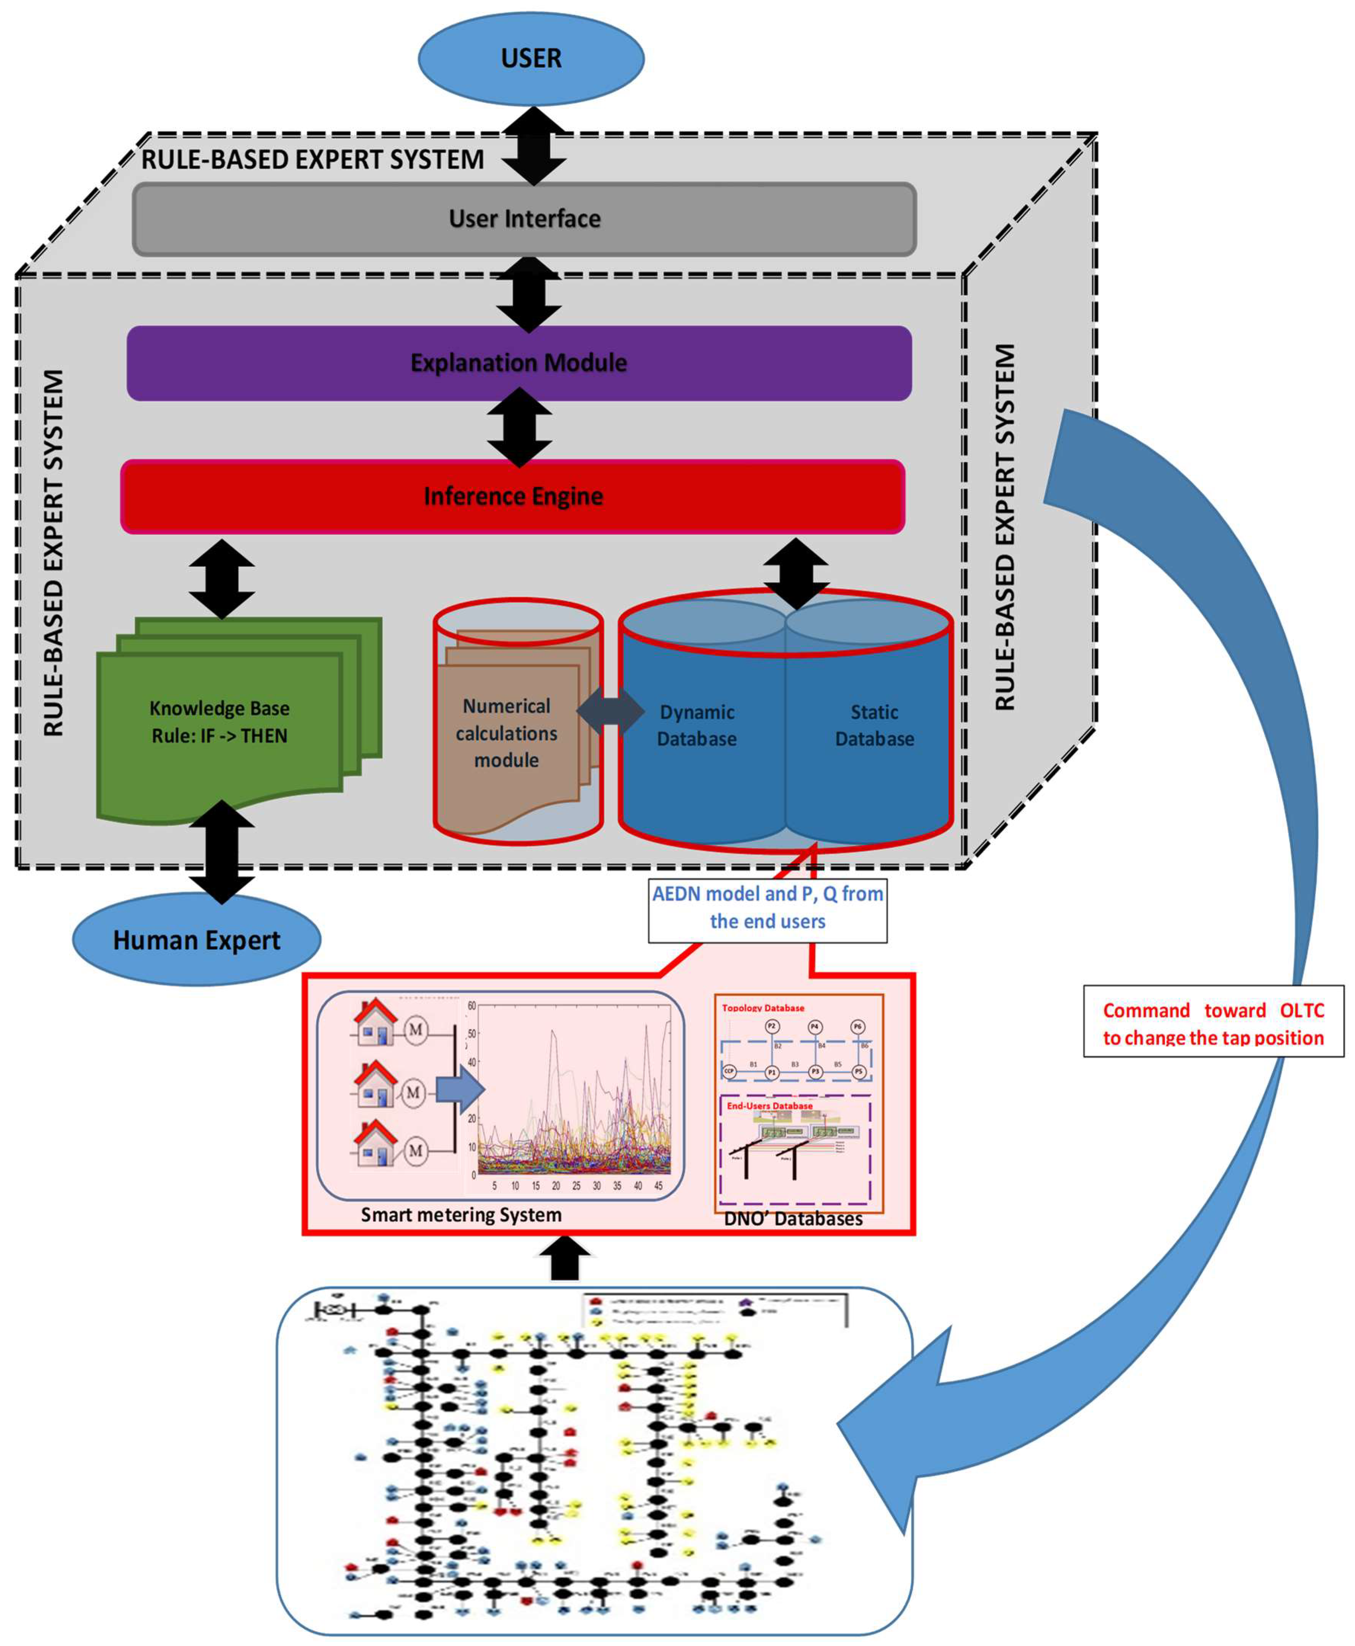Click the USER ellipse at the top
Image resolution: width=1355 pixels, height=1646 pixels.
pos(531,59)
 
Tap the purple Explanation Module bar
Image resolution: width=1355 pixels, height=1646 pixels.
pos(519,363)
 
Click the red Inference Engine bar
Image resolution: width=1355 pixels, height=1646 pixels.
pos(513,496)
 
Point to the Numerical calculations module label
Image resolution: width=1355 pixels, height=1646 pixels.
pos(507,733)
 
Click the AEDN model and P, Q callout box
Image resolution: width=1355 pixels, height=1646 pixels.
pos(767,908)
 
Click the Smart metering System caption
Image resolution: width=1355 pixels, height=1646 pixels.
pos(461,1214)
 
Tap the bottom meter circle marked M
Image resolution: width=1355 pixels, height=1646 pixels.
pos(415,1150)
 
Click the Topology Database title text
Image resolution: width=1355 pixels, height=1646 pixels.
pos(763,1008)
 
